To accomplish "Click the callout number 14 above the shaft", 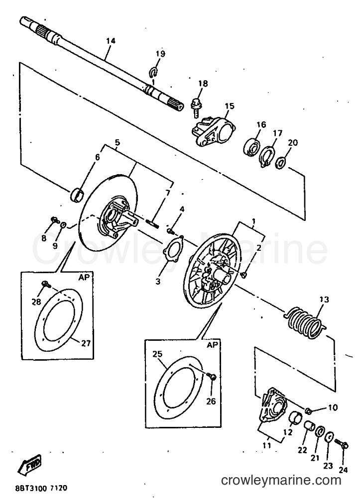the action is click(111, 41).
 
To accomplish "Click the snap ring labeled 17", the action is click(267, 156).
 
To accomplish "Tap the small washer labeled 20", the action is click(280, 163).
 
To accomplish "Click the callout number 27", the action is click(86, 343).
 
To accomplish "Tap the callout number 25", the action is click(157, 354).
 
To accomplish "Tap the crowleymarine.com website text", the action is click(281, 480).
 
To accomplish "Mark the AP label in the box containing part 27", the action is click(84, 278).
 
